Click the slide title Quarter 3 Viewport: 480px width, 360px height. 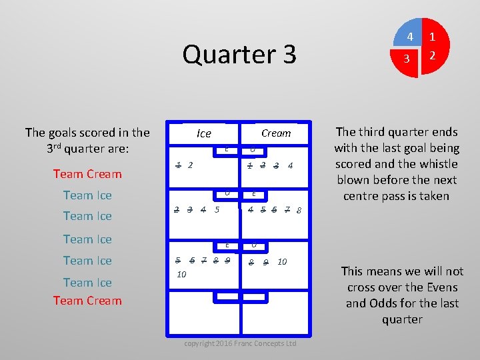239,54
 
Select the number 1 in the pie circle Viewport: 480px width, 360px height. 433,37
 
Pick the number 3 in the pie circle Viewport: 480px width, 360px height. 407,59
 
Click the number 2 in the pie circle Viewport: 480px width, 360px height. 432,56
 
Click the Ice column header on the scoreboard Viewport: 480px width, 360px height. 204,133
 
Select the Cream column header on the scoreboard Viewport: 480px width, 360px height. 276,133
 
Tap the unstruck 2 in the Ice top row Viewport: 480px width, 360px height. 191,165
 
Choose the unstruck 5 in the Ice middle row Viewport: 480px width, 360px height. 217,210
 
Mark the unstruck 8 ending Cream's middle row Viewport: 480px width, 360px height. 299,211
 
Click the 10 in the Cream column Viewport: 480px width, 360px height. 282,261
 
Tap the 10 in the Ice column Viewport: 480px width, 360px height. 181,275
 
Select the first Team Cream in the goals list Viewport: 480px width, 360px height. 87,174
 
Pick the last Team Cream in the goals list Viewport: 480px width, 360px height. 87,301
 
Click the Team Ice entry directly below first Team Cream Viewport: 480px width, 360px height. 87,195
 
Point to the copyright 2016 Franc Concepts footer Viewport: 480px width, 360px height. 240,343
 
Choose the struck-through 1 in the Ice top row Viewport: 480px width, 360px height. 178,165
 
